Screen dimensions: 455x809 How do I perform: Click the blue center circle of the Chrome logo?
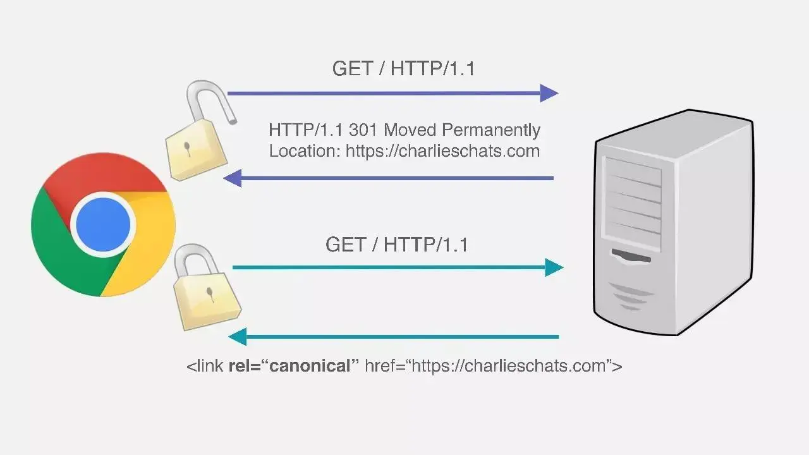[103, 224]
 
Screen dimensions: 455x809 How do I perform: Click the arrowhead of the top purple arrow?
[549, 94]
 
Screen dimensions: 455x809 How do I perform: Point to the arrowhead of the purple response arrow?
[233, 178]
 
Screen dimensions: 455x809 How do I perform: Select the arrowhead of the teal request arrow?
[554, 267]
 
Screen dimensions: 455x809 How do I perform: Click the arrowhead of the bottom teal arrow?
[238, 336]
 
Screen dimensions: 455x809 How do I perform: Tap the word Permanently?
[491, 130]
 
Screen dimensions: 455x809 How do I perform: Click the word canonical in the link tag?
[310, 366]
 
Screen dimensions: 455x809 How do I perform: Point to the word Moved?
[410, 130]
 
